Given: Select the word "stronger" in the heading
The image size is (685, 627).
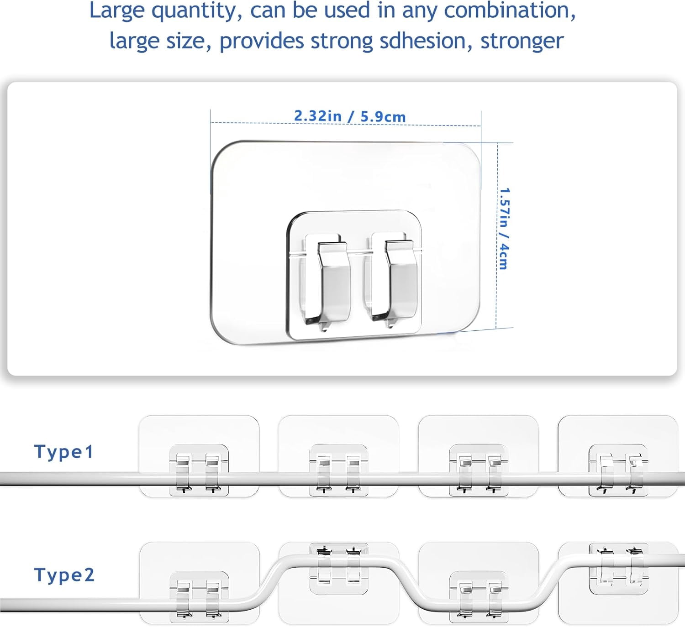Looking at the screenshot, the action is click(522, 42).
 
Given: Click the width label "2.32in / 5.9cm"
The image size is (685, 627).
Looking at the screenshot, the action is click(350, 116).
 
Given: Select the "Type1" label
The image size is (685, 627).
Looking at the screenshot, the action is click(63, 452).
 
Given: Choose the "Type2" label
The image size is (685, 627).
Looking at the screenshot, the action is click(64, 575).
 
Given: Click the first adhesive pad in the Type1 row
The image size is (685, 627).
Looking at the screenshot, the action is click(199, 456).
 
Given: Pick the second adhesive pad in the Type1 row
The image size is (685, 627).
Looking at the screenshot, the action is click(338, 456).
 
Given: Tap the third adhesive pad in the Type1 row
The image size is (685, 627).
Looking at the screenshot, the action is click(479, 456).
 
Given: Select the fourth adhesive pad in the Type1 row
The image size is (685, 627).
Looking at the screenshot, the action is click(618, 456).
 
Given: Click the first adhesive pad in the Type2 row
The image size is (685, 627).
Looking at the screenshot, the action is click(200, 583).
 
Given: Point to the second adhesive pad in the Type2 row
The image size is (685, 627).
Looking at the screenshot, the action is click(339, 583).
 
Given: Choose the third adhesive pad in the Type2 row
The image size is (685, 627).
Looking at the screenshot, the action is click(479, 583).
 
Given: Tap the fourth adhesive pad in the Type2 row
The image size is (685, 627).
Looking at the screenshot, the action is click(618, 583).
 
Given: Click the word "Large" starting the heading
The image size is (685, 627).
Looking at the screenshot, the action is click(117, 11).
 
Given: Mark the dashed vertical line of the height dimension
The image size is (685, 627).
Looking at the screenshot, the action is click(497, 235).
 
